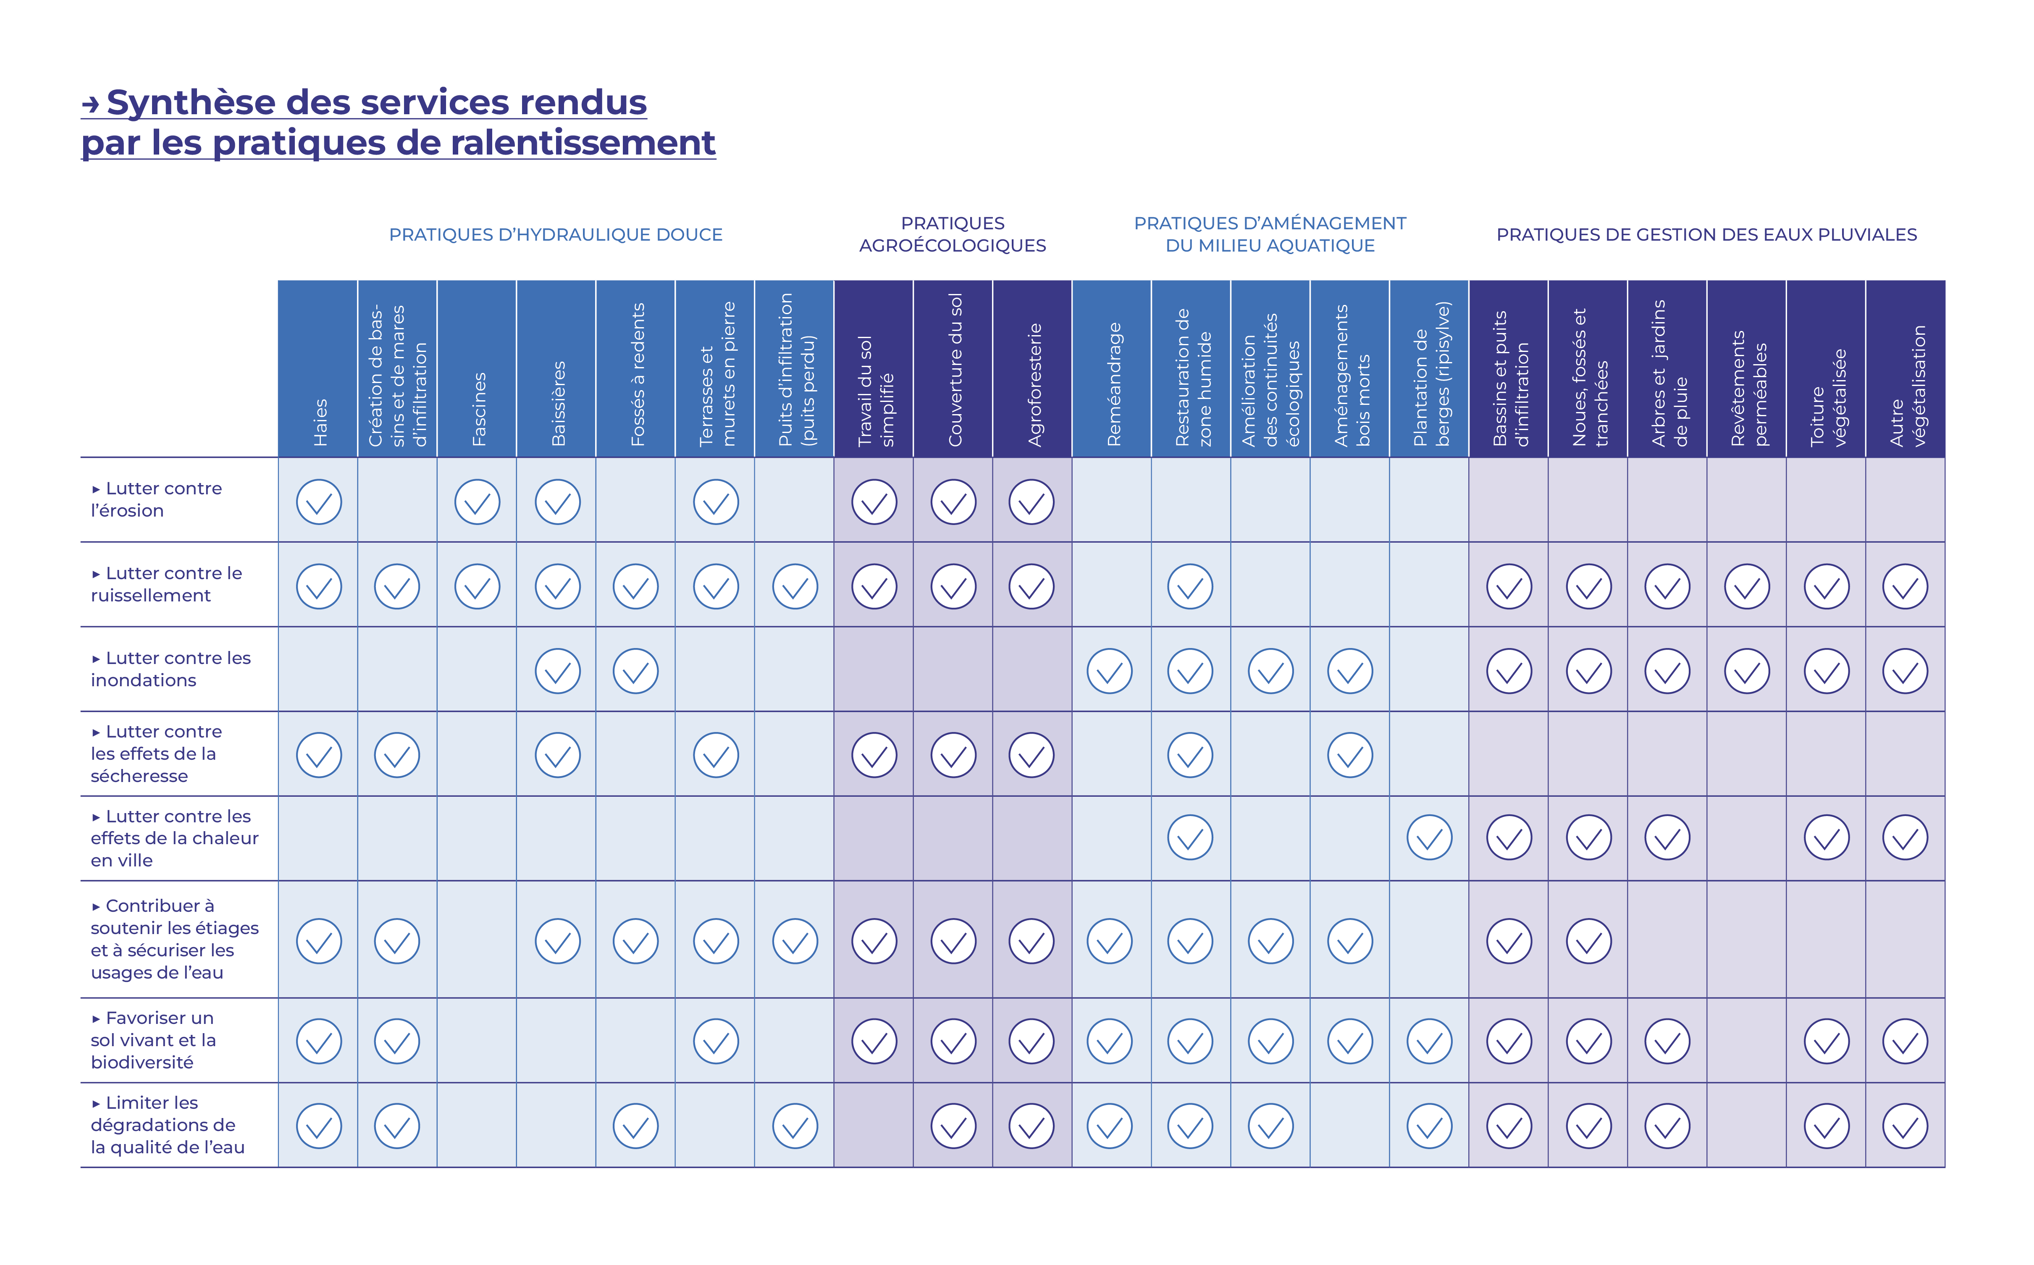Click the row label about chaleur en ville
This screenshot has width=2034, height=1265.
pos(174,838)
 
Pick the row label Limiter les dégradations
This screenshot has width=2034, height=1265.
pos(167,1125)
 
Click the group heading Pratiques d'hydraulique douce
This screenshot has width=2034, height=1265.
pos(556,235)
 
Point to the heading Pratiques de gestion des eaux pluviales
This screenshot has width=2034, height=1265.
pos(1706,235)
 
